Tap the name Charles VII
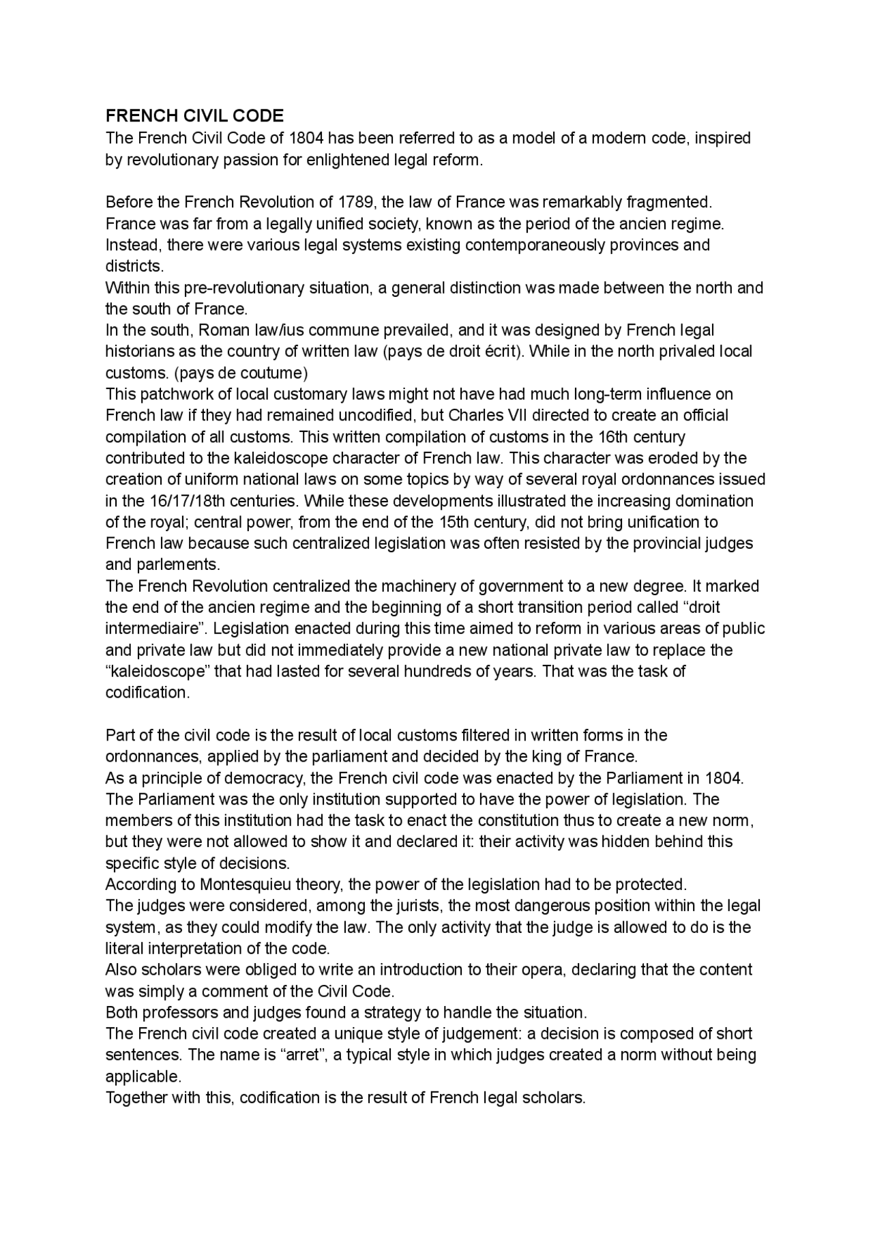486,416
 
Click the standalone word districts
134,266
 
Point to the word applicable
143,1077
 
